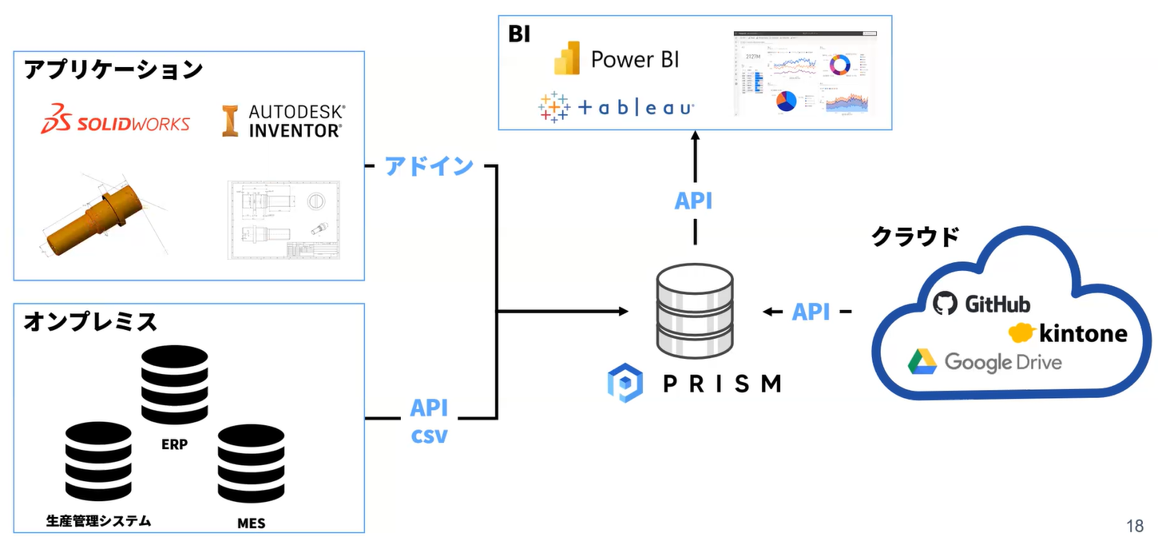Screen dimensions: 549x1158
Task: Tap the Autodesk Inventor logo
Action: point(284,121)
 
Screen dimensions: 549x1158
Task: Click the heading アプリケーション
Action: point(113,70)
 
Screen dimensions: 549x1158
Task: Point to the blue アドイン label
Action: point(430,166)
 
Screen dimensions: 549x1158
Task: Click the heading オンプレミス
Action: point(91,322)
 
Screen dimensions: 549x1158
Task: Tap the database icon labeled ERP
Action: point(173,385)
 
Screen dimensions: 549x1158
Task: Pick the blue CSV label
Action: point(429,437)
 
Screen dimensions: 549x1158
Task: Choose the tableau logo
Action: point(615,107)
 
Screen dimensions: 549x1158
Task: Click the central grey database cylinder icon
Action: point(694,312)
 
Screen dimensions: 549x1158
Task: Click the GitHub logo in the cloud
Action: point(982,304)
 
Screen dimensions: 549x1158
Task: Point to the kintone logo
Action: point(1068,332)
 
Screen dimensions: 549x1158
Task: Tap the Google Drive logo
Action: point(985,362)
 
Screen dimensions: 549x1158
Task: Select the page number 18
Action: point(1135,526)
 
